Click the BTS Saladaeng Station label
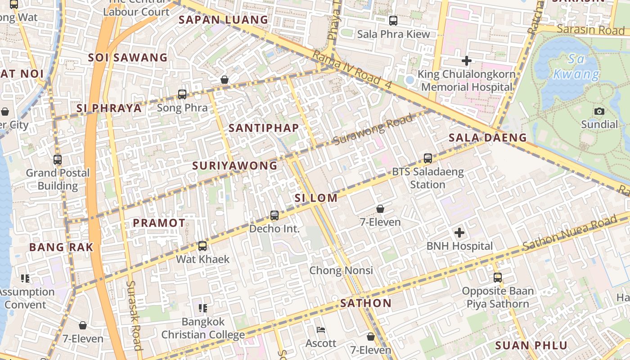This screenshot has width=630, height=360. click(x=427, y=178)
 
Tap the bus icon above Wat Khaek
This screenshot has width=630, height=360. click(x=202, y=246)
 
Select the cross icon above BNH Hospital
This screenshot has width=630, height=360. click(x=459, y=233)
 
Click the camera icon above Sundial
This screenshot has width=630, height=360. click(x=599, y=111)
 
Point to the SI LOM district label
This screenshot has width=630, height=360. click(x=316, y=198)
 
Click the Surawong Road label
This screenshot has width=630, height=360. click(x=373, y=130)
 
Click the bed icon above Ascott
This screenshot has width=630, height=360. click(x=321, y=330)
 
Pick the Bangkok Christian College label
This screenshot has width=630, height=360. click(x=203, y=328)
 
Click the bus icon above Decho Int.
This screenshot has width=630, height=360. click(x=274, y=216)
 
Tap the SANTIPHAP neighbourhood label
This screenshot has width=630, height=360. click(x=264, y=128)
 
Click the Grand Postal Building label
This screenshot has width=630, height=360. click(x=58, y=179)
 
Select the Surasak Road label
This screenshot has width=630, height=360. click(x=135, y=315)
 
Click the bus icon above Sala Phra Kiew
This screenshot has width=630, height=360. click(x=393, y=20)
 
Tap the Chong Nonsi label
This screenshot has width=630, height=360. click(x=341, y=270)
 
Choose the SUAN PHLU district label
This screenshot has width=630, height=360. click(x=531, y=346)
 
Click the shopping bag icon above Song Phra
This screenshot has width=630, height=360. click(x=225, y=80)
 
